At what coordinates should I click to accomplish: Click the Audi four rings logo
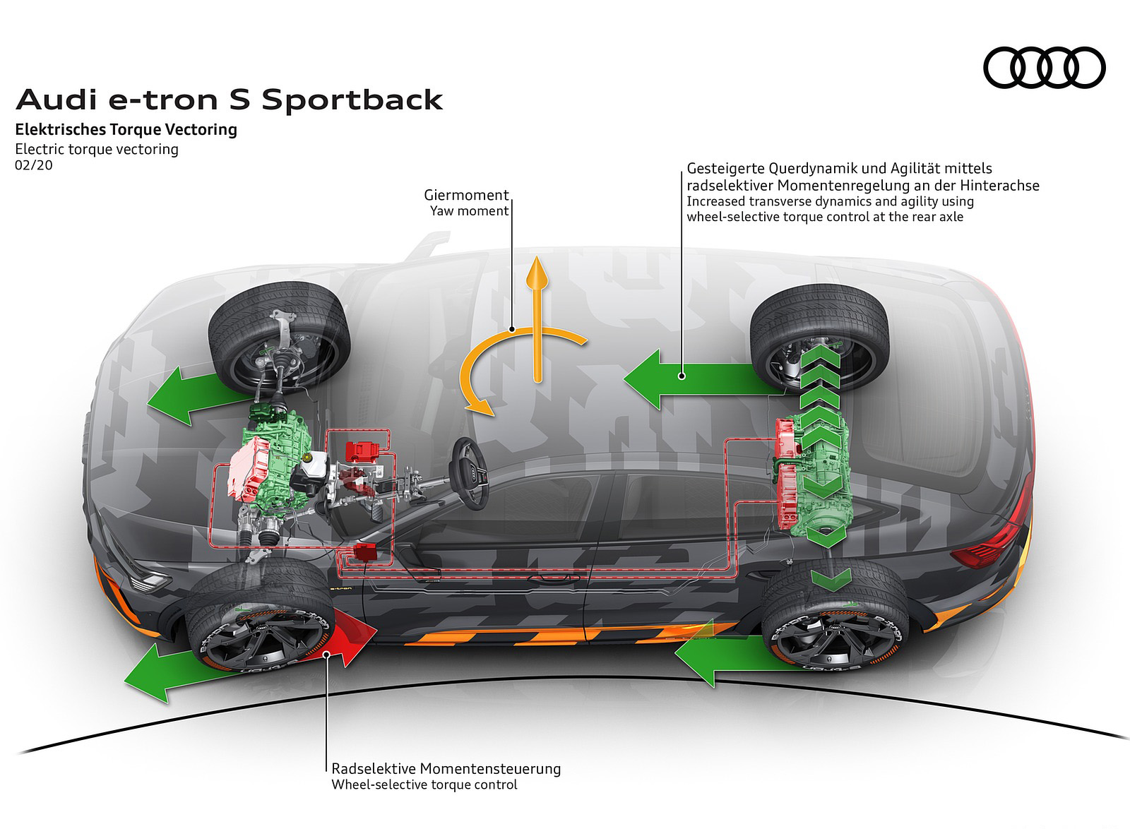pos(1044,68)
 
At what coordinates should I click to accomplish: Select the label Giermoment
pos(466,195)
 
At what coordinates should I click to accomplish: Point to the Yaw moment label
pos(470,210)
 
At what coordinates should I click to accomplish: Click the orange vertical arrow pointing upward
pos(539,318)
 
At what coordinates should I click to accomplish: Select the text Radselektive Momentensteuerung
pos(446,768)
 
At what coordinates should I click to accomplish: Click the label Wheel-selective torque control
pos(424,785)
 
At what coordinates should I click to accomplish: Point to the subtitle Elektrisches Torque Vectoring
pos(126,129)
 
